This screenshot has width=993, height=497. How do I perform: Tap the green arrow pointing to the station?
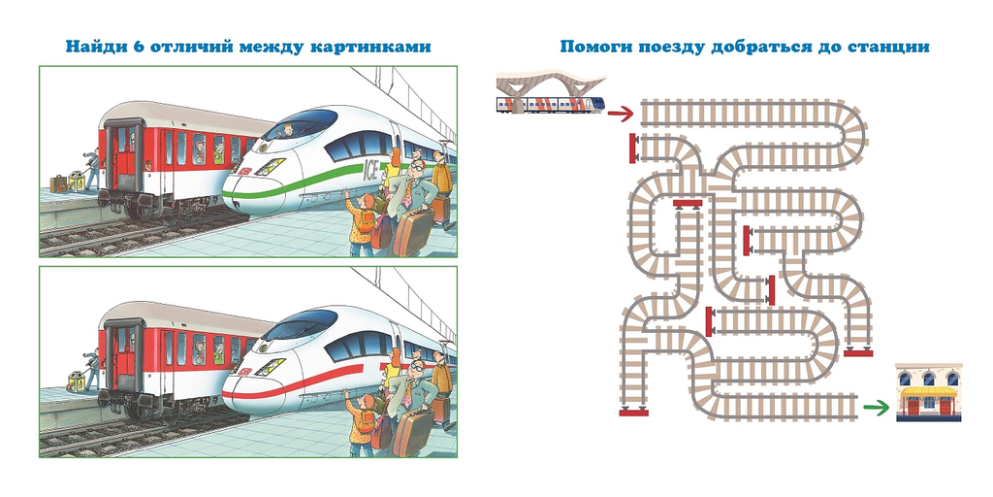[x=877, y=408]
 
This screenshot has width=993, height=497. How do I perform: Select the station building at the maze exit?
[x=928, y=393]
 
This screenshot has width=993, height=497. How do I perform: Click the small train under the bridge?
[x=550, y=104]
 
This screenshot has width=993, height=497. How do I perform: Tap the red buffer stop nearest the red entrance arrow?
[x=633, y=149]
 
